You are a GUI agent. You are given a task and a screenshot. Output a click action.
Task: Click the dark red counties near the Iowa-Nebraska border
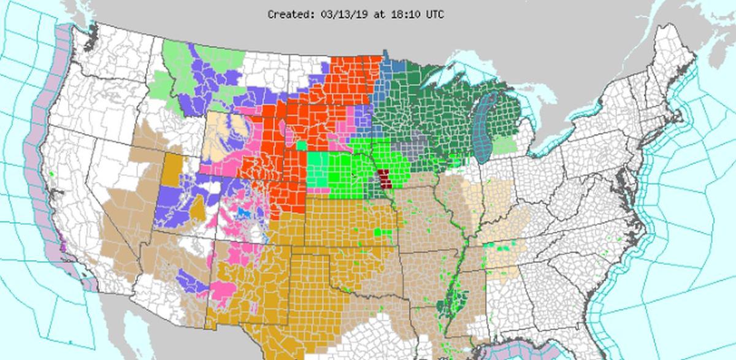click(x=384, y=179)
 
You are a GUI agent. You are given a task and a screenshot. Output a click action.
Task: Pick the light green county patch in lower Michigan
click(x=505, y=145)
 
